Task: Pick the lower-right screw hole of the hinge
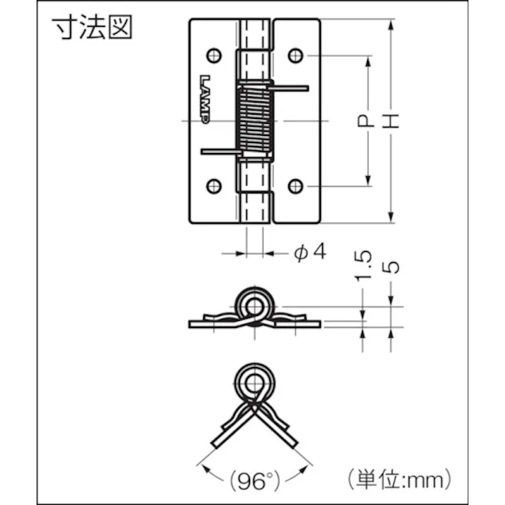pos(295,186)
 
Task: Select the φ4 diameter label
pos(310,251)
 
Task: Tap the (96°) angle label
pos(254,482)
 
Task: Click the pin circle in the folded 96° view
pos(253,381)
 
